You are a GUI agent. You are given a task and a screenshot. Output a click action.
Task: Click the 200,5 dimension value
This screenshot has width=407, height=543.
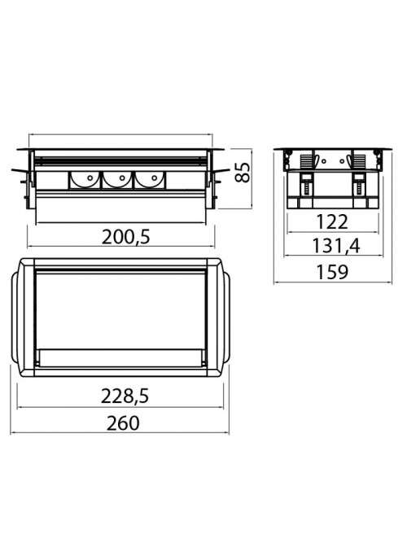pos(126,237)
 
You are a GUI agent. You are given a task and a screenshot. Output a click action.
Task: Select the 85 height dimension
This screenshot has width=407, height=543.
pos(242,172)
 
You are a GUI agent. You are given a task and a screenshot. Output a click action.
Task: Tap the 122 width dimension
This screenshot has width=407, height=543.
pos(332,222)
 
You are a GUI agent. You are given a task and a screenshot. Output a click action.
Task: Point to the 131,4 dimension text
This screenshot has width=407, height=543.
pos(336,246)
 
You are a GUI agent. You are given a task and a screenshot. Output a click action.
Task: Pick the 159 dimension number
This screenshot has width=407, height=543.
pos(332,272)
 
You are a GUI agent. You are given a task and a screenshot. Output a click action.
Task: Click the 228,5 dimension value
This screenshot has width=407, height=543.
pos(125,396)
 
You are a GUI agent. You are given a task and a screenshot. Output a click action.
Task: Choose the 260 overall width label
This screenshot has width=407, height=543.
pos(123,423)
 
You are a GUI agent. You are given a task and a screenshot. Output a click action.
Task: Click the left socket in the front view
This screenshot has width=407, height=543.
pos(85,181)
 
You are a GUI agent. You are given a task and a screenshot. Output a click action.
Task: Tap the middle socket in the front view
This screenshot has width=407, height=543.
pos(116,181)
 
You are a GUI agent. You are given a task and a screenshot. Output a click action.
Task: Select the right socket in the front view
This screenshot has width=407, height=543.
pos(149,181)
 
